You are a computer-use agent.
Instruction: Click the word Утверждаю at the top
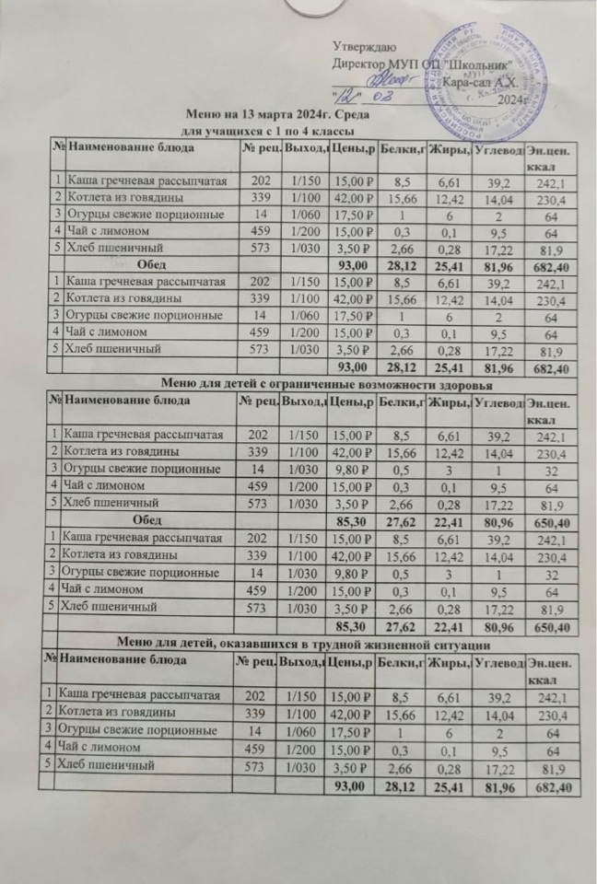[365, 46]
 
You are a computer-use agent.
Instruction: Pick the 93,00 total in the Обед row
[346, 266]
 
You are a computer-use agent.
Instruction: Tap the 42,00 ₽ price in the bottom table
[350, 712]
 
